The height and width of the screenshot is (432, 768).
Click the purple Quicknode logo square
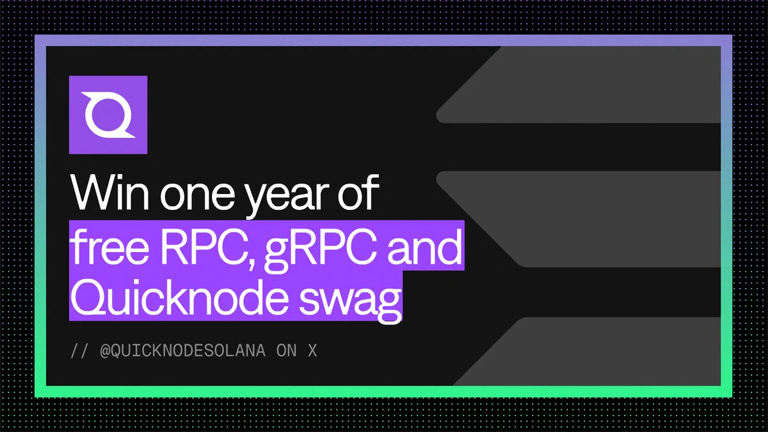[x=108, y=115]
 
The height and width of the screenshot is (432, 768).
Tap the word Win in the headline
[x=109, y=193]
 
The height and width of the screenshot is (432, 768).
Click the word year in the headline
[x=288, y=197]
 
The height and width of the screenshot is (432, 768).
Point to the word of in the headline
[x=358, y=191]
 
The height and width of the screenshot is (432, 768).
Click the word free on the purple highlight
[x=109, y=246]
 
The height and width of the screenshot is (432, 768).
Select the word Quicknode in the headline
[x=179, y=297]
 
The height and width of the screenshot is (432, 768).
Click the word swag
[x=350, y=301]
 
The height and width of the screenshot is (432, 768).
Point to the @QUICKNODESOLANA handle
[x=183, y=351]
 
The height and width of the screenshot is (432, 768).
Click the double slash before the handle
[x=79, y=351]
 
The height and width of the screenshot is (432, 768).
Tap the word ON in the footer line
[x=286, y=351]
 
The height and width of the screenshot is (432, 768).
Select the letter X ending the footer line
[x=312, y=351]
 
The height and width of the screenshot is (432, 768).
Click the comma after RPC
[x=252, y=264]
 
